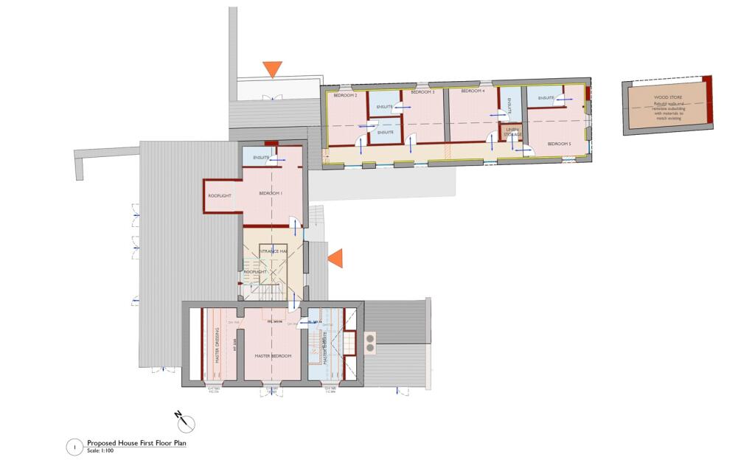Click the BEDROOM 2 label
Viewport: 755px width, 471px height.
pos(345,96)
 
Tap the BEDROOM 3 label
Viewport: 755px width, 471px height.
pos(422,93)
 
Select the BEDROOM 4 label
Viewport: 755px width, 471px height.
pos(473,91)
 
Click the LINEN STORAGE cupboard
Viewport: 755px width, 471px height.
pos(512,132)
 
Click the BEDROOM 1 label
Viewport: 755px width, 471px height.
pos(271,193)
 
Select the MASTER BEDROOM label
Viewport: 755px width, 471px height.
pos(273,356)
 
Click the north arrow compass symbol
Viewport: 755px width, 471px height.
pos(187,423)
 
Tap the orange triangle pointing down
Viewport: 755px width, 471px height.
pos(273,69)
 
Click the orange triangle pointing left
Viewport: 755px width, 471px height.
pos(335,258)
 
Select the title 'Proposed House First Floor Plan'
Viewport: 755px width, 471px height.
pos(137,444)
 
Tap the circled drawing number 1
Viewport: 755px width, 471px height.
pos(74,447)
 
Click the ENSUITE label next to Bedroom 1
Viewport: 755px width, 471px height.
pos(261,158)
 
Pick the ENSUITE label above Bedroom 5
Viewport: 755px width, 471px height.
pos(546,98)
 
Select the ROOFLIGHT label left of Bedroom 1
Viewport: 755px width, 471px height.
pos(220,195)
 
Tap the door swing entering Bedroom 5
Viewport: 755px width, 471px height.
pos(523,150)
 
